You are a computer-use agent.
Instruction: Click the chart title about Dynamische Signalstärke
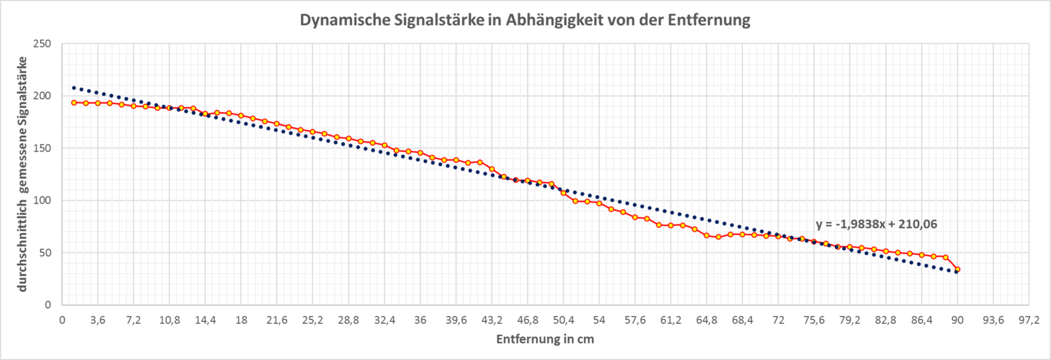click(x=525, y=20)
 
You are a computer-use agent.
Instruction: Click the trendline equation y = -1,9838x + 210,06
click(x=876, y=224)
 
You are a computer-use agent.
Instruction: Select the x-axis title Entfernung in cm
click(x=545, y=339)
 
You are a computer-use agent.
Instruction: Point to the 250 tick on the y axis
click(x=42, y=44)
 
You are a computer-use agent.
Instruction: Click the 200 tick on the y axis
click(x=42, y=96)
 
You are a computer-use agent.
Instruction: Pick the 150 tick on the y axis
click(x=42, y=148)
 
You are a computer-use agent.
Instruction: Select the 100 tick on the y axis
click(x=42, y=200)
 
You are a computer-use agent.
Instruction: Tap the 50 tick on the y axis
click(x=44, y=253)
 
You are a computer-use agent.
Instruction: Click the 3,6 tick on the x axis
click(x=98, y=321)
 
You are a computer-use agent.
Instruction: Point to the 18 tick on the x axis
click(x=241, y=321)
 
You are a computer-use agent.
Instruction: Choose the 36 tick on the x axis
click(x=420, y=321)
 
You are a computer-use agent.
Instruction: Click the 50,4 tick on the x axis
click(x=564, y=321)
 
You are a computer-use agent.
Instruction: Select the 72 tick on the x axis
click(x=778, y=321)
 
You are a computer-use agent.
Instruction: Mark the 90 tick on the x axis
click(x=957, y=321)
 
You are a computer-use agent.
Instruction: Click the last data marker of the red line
click(x=957, y=269)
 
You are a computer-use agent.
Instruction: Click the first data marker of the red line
click(x=74, y=102)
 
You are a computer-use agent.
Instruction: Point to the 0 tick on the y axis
click(x=48, y=305)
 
